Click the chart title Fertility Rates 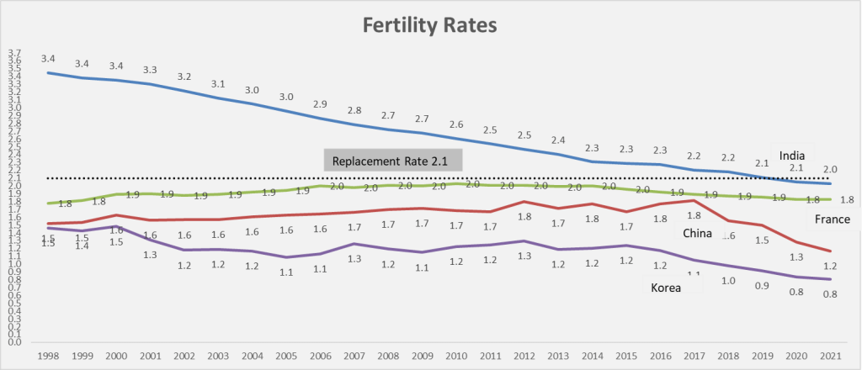click(430, 25)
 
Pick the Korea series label click(665, 288)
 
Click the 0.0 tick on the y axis click(14, 342)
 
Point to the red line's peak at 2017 click(691, 200)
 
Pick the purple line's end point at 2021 click(831, 279)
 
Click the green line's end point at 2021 click(831, 199)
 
